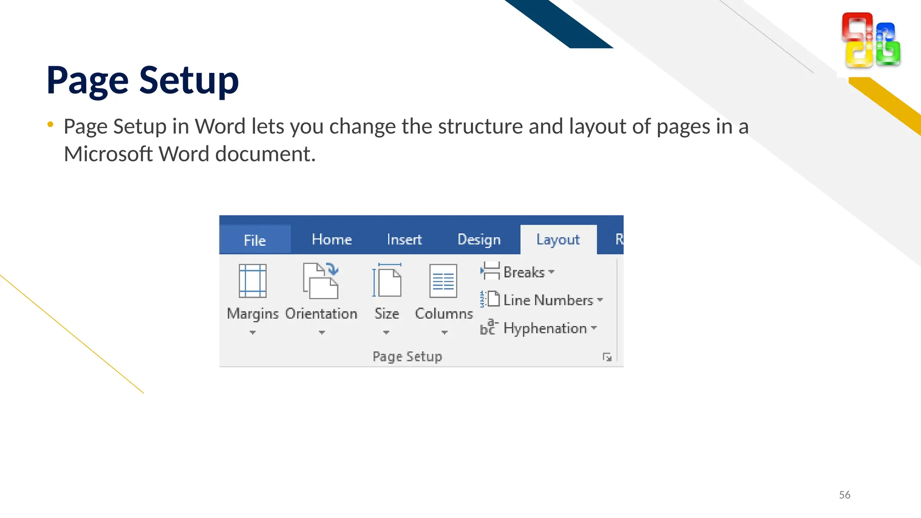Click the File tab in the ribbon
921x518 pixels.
click(255, 240)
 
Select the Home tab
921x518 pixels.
click(332, 239)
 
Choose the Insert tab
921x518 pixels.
click(404, 239)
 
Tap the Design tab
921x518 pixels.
click(479, 239)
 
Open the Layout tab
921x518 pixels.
click(558, 239)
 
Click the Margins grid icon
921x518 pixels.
click(252, 281)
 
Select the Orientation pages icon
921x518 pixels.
click(321, 281)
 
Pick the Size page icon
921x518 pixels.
click(387, 281)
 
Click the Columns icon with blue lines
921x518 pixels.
click(443, 281)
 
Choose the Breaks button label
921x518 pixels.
click(524, 272)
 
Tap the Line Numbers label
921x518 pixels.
click(548, 300)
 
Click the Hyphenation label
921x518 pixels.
click(545, 328)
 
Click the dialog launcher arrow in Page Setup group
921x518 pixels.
click(607, 357)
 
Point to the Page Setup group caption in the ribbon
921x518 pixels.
click(407, 357)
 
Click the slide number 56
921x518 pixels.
click(845, 495)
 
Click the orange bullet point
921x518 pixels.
click(50, 124)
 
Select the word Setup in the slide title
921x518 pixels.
click(189, 80)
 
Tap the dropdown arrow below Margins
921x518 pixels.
click(253, 333)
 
